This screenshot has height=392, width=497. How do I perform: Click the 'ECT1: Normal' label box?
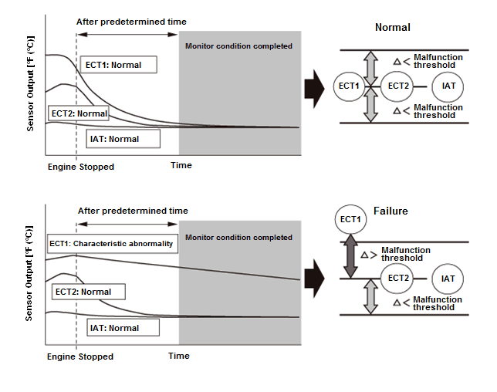pyautogui.click(x=119, y=65)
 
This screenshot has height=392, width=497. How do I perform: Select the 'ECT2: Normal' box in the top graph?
pyautogui.click(x=78, y=113)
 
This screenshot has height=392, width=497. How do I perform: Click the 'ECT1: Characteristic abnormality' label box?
pyautogui.click(x=111, y=244)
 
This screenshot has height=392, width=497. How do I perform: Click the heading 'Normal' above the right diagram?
pyautogui.click(x=392, y=28)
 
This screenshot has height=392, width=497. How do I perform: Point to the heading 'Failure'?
pyautogui.click(x=390, y=211)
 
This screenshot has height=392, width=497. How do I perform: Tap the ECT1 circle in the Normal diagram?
pyautogui.click(x=350, y=86)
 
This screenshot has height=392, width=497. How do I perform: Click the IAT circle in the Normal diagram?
pyautogui.click(x=448, y=86)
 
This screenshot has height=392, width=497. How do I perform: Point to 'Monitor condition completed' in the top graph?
pyautogui.click(x=239, y=46)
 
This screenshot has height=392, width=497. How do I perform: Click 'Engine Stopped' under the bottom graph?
pyautogui.click(x=80, y=357)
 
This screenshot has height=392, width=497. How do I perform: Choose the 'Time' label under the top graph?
pyautogui.click(x=181, y=165)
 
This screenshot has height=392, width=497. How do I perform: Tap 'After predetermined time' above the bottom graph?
pyautogui.click(x=132, y=211)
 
